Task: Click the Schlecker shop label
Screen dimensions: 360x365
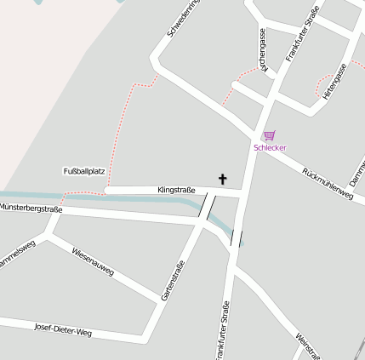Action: coord(270,148)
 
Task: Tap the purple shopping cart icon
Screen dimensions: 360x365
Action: coord(269,135)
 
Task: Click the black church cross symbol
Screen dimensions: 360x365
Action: coord(224,179)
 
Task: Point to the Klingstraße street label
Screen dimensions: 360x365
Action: coord(177,190)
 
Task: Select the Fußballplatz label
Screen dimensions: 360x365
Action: coord(83,171)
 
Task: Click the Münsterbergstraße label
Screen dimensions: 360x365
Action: coord(31,208)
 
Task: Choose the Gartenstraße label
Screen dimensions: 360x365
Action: coord(173,280)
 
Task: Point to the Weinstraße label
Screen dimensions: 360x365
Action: coord(308,346)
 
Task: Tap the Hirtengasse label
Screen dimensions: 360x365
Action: coord(335,82)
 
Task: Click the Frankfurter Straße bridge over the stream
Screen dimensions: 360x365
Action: coord(237,238)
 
